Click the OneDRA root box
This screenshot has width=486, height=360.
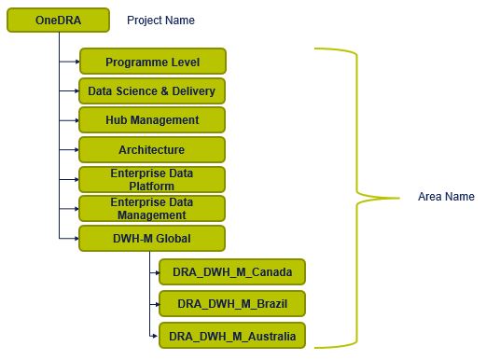(x=59, y=20)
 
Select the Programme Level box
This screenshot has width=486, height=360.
(x=152, y=62)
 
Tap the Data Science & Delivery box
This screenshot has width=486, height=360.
(x=152, y=91)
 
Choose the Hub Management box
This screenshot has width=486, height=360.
(x=152, y=120)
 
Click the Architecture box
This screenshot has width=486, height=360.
(x=152, y=149)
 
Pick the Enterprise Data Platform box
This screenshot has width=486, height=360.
(x=152, y=179)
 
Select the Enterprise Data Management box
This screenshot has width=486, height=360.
(x=152, y=208)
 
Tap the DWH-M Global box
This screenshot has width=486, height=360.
(x=152, y=238)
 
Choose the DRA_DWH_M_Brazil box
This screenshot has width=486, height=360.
(x=232, y=303)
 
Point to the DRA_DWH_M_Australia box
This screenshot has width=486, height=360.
(x=232, y=334)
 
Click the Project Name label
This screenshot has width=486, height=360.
(x=160, y=20)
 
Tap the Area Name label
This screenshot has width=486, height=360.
(x=446, y=197)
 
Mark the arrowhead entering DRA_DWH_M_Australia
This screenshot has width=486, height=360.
(x=156, y=334)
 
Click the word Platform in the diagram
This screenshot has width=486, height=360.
(x=152, y=186)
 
